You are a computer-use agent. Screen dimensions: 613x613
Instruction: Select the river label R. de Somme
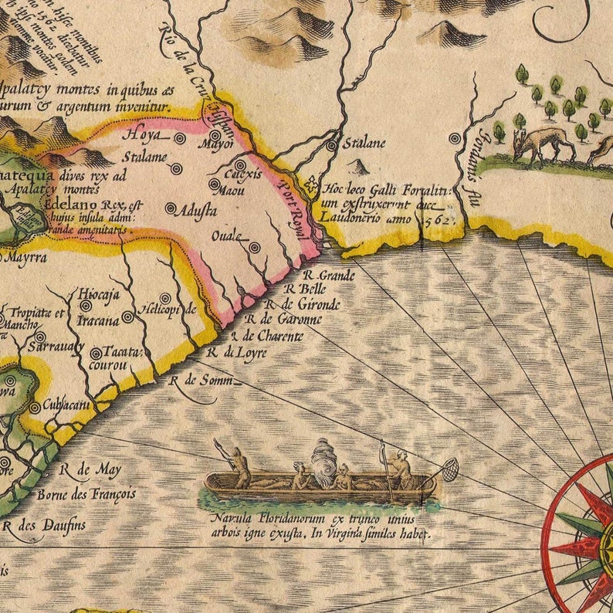point(193,379)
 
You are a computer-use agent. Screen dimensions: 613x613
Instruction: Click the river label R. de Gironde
point(310,304)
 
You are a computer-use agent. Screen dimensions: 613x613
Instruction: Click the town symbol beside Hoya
point(180,139)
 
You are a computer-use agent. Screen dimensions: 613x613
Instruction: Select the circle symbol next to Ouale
point(254,248)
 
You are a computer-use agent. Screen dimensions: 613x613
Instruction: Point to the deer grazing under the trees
point(544,144)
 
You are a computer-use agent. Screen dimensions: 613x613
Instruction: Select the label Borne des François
point(86,493)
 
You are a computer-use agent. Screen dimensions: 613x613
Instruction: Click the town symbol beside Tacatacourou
point(96,354)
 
